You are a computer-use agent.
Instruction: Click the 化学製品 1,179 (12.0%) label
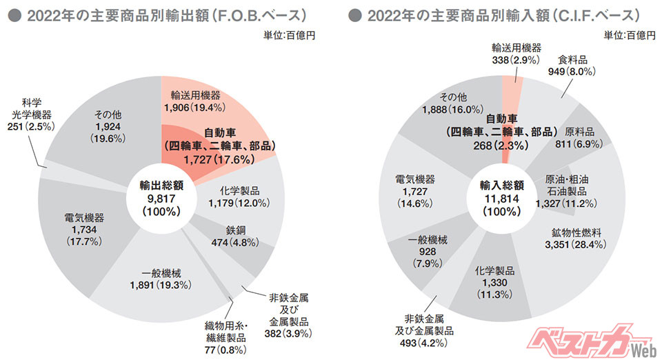point(238,196)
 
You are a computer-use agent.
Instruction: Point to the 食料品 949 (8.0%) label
point(572,65)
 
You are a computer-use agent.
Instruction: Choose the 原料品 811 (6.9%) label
point(579,138)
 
